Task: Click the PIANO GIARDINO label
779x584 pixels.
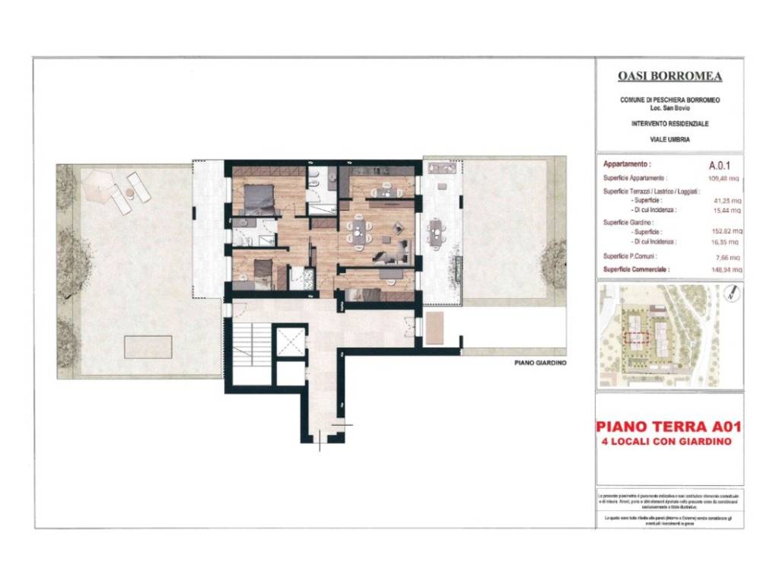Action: click(541, 363)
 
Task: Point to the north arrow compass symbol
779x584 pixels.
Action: click(730, 291)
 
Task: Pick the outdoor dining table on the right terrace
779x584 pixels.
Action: click(436, 231)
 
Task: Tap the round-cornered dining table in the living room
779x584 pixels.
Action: click(358, 230)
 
